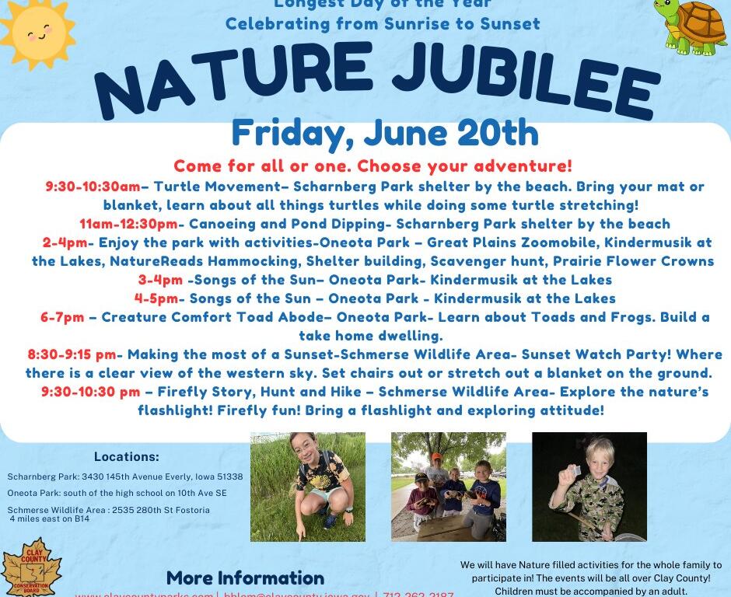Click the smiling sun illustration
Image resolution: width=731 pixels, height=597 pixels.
coord(37,33)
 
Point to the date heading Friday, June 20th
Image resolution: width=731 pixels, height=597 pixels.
coord(385,133)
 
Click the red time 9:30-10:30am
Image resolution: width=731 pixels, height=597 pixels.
coord(93,187)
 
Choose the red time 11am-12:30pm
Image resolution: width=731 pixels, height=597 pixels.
coord(128,224)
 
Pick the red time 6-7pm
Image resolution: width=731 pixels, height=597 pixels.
coord(62,317)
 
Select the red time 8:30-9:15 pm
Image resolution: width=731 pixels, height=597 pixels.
coord(72,354)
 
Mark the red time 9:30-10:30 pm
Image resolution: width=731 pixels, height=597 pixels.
coord(91,392)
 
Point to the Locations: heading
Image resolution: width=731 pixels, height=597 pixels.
coord(126,456)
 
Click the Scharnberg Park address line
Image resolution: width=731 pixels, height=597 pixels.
coord(124,477)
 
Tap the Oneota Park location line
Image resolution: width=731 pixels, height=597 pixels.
coord(117,493)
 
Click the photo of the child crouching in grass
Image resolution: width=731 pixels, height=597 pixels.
coord(307,487)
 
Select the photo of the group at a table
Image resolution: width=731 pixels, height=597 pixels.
coord(448,487)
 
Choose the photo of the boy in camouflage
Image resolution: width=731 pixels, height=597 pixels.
coord(589,487)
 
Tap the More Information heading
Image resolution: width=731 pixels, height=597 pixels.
coord(245,578)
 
